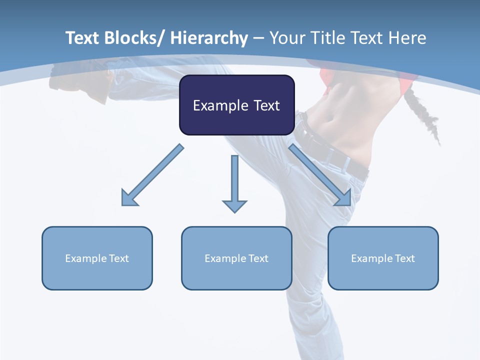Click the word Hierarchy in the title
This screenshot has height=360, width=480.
[x=208, y=38]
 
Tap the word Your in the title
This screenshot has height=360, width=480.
[x=287, y=38]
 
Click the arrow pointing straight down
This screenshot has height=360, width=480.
[x=234, y=185]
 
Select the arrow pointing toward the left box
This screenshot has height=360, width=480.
[x=151, y=176]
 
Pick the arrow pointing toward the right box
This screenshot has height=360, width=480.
[x=320, y=175]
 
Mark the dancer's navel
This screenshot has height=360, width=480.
[x=330, y=120]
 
